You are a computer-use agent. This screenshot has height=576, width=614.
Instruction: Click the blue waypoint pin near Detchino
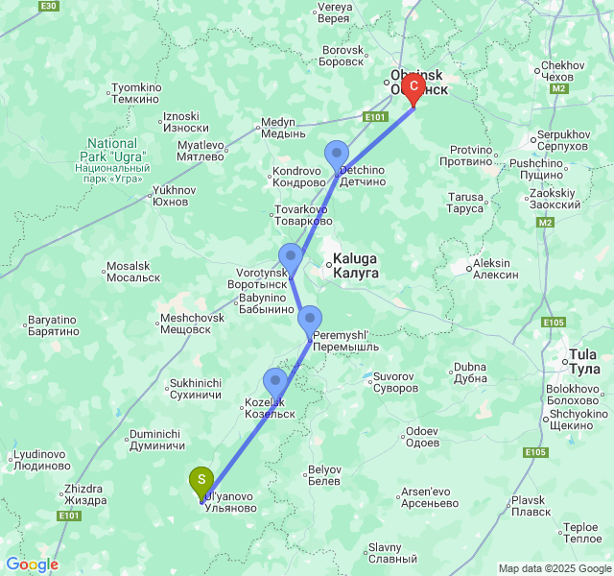(x=337, y=155)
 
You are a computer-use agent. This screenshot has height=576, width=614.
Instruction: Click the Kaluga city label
(x=355, y=266)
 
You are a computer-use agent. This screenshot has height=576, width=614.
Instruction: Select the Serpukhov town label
(x=562, y=139)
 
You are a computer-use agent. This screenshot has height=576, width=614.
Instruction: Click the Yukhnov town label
(x=174, y=196)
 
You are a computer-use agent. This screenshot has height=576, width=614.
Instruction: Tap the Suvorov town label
(x=395, y=381)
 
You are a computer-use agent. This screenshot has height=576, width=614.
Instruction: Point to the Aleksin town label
(x=495, y=268)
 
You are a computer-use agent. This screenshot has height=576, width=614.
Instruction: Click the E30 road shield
(x=49, y=6)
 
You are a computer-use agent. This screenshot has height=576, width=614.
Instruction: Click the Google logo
(x=32, y=564)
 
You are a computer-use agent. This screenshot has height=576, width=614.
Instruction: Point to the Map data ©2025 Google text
(x=554, y=568)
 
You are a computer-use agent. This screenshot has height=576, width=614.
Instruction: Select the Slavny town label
(x=392, y=553)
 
